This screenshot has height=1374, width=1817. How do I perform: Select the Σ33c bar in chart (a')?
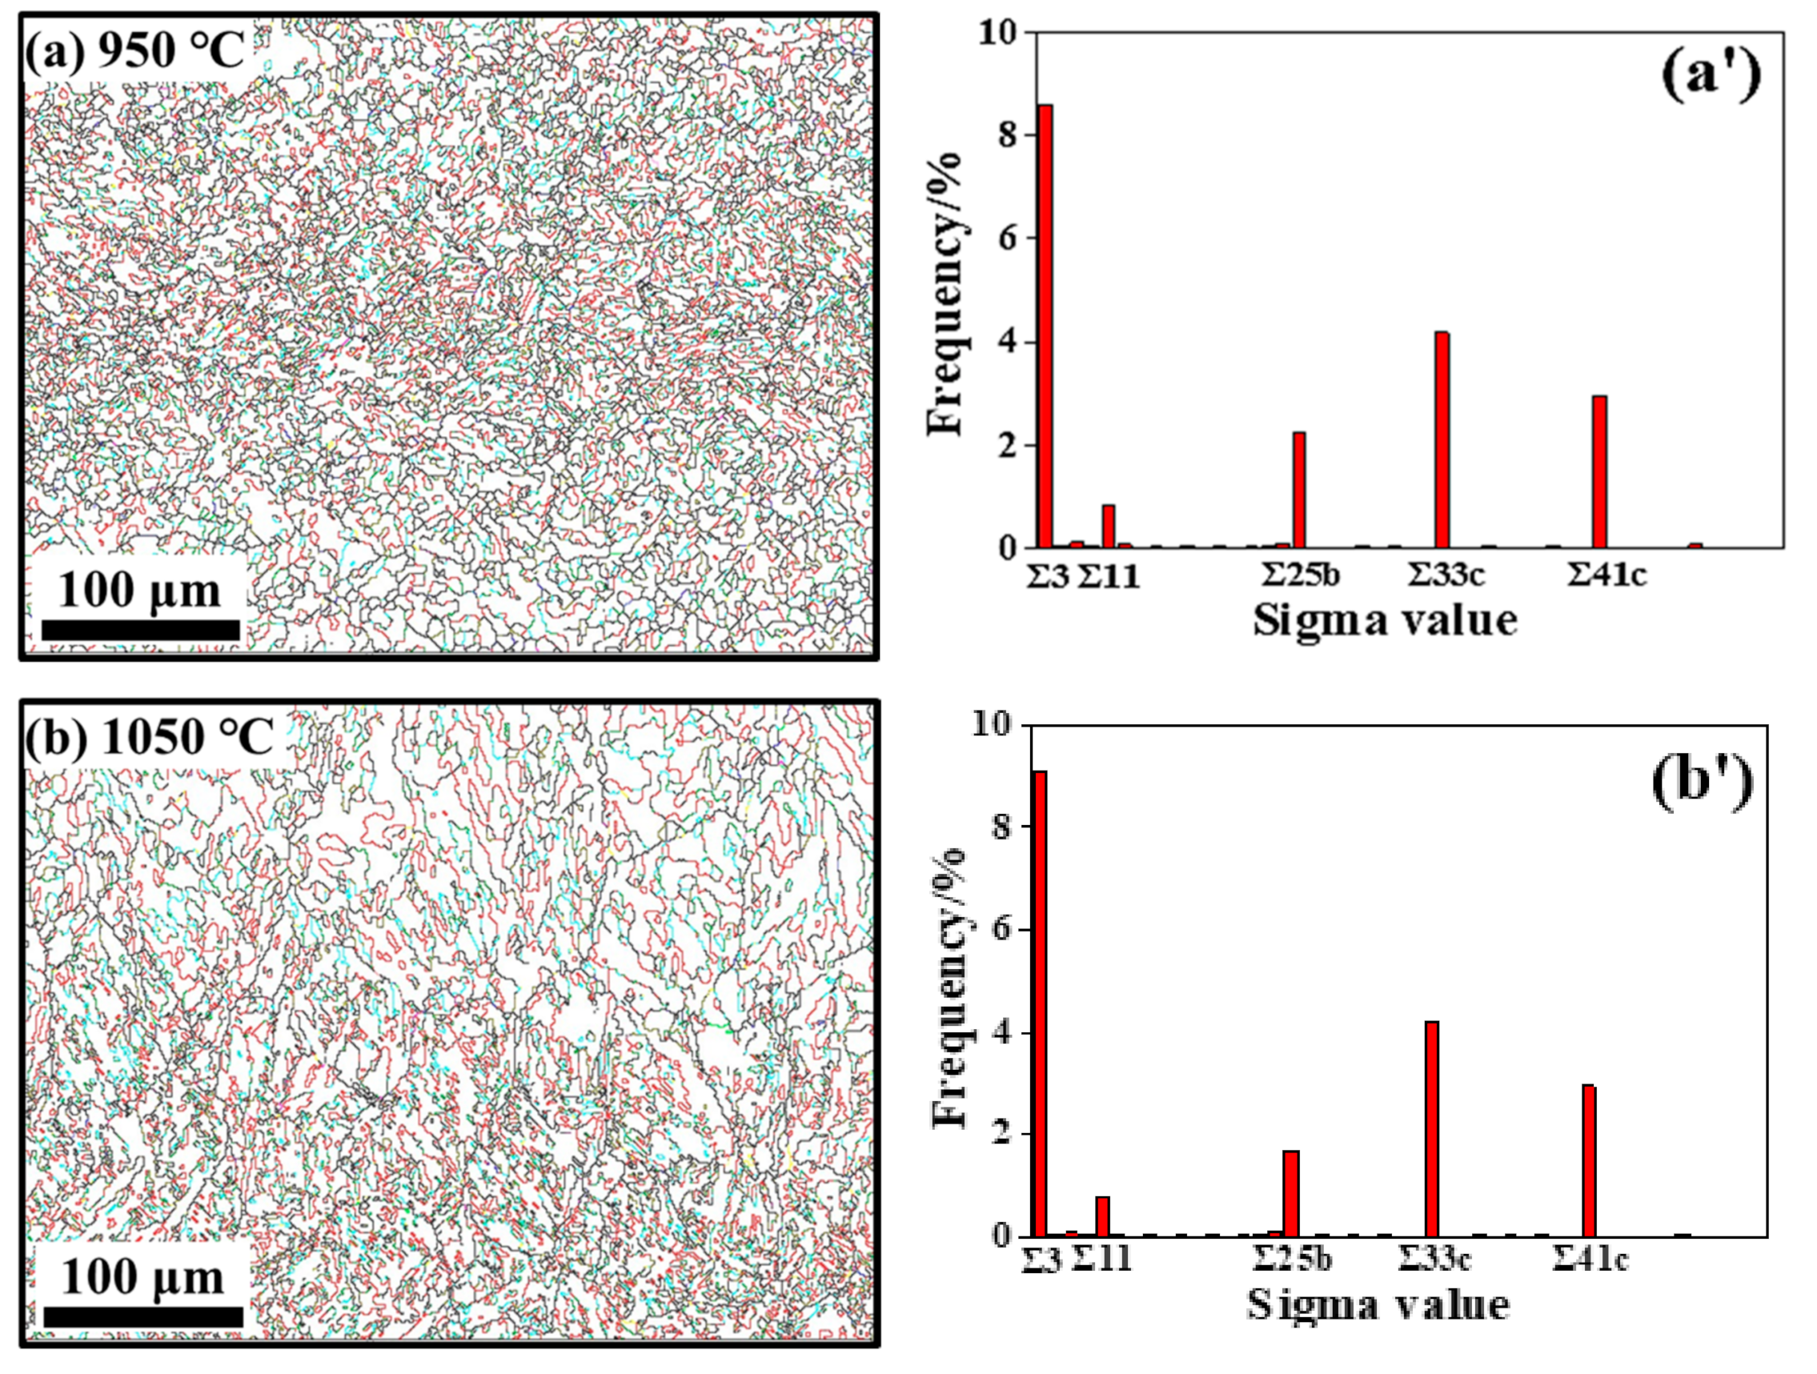point(1442,440)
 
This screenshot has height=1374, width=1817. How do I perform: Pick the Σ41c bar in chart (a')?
point(1599,472)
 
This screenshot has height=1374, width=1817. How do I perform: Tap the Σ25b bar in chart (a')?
point(1299,491)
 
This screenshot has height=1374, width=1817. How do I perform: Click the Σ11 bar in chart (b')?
point(1102,1216)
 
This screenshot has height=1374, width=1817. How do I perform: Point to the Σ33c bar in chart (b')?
point(1432,1129)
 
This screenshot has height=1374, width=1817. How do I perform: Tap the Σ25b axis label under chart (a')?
point(1301,575)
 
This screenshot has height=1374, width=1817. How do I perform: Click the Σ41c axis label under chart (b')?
point(1590,1259)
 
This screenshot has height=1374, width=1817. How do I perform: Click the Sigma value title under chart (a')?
point(1384,620)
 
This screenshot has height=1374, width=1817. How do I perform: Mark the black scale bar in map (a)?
point(140,630)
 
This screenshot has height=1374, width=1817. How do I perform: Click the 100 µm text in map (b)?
point(142,1278)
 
